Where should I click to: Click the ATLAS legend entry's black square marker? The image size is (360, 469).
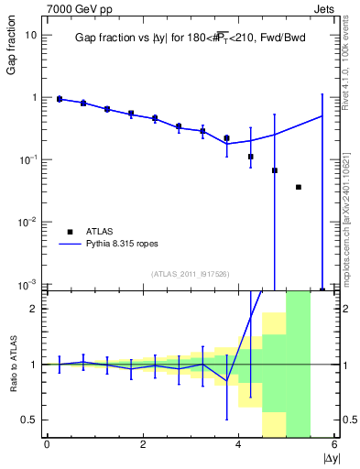point(70,232)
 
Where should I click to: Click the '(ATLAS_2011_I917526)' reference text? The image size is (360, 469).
point(190,273)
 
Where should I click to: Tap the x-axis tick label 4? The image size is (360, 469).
point(239,446)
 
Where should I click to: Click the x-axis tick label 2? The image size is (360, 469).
point(143,446)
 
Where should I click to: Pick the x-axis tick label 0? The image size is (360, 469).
point(47,446)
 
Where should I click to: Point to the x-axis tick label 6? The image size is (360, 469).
point(335,446)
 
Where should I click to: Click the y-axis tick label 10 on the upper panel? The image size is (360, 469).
point(30,35)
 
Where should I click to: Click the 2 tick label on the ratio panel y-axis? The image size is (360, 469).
point(34,309)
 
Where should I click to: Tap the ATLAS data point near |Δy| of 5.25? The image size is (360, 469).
point(299,187)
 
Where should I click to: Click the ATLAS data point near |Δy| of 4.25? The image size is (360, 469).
point(251,157)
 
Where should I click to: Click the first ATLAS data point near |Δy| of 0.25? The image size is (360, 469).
point(60,99)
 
